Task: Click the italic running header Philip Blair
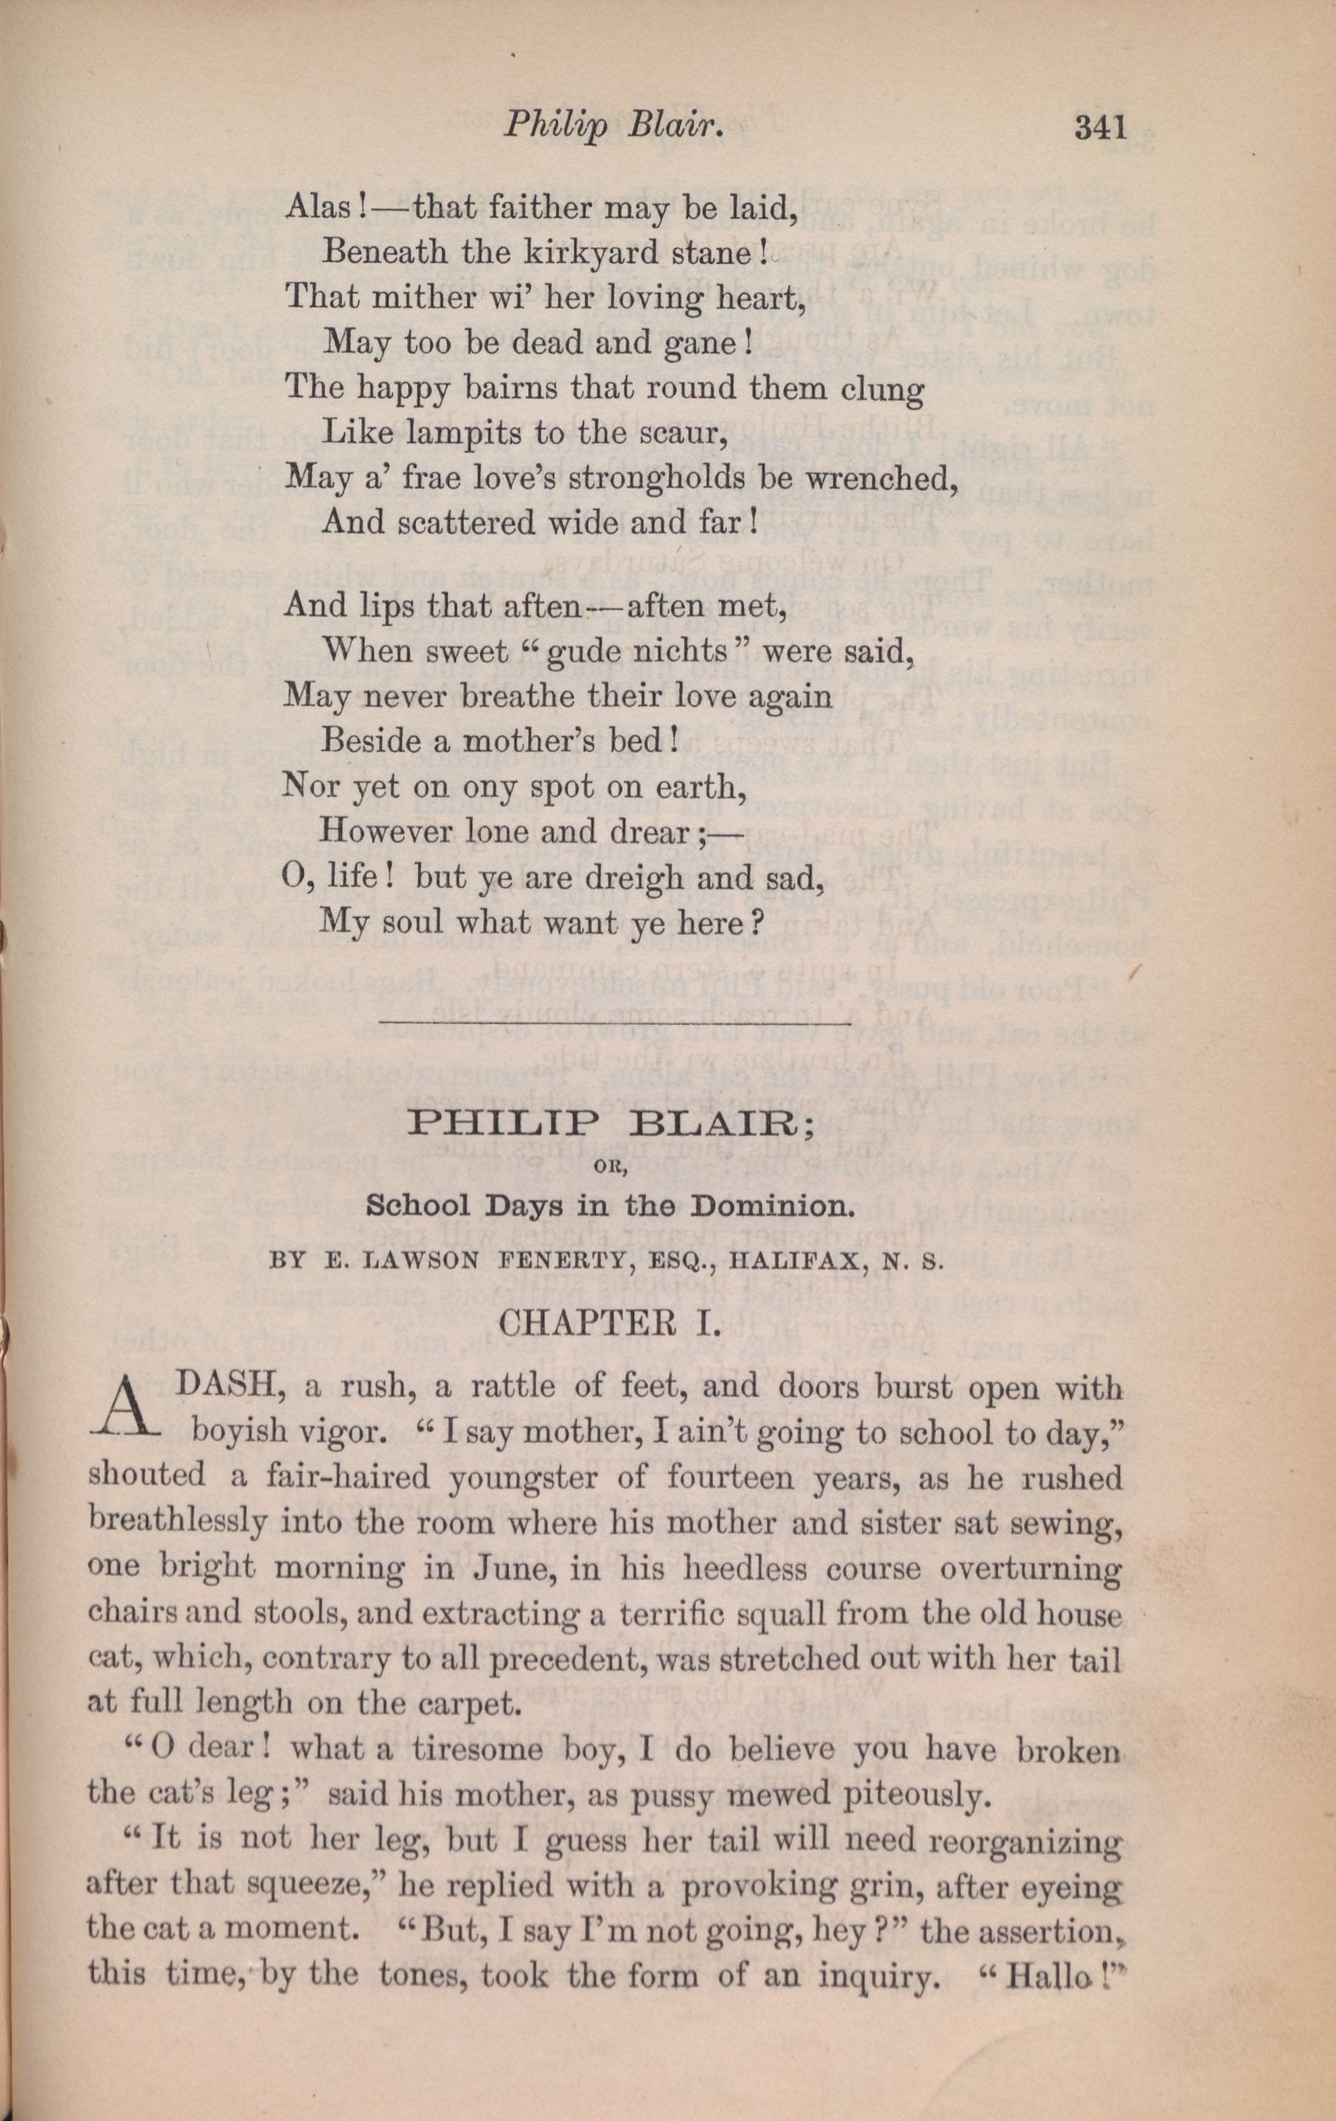[613, 129]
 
